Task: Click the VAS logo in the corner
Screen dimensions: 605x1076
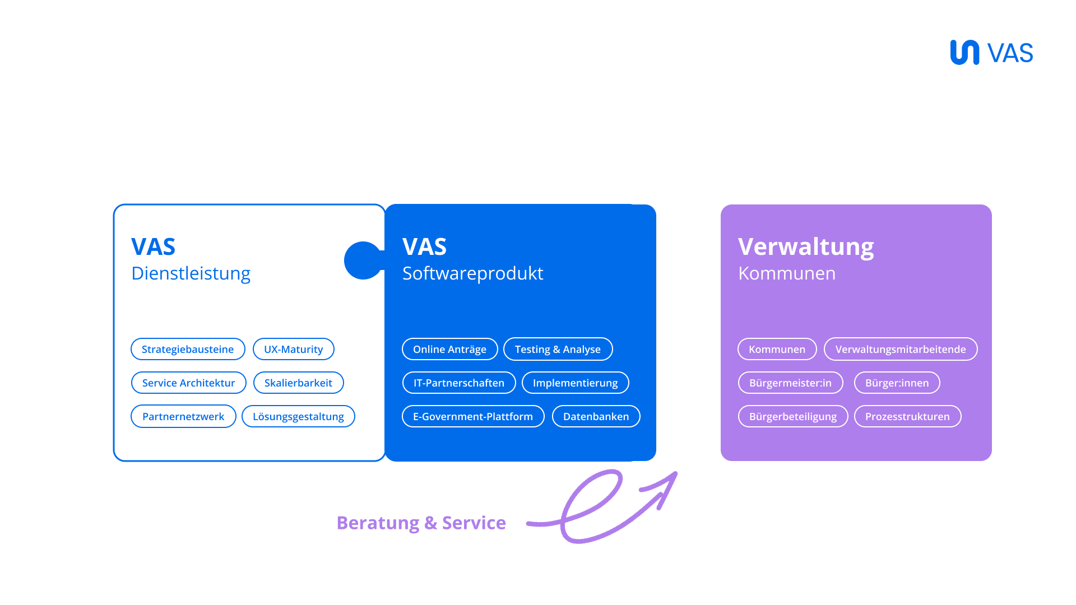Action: coord(991,53)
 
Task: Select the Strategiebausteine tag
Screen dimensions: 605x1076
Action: coord(188,349)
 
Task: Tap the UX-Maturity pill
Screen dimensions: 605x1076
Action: coord(294,349)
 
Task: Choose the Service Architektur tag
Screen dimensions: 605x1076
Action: coord(189,383)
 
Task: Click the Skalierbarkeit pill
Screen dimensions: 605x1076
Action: coord(298,383)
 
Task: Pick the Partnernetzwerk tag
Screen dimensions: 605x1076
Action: coord(183,416)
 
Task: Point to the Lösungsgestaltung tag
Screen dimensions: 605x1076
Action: coord(298,416)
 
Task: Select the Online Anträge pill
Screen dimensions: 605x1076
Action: coord(449,349)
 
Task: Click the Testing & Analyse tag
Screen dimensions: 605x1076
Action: coord(558,349)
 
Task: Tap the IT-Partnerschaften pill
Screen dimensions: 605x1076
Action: coord(459,383)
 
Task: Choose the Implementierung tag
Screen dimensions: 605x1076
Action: coord(575,383)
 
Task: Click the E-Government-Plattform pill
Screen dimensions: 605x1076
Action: coord(473,416)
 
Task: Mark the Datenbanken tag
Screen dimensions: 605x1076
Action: coord(596,416)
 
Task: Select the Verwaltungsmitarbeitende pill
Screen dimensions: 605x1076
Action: coord(901,349)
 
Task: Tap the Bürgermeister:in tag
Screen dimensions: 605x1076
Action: coord(790,383)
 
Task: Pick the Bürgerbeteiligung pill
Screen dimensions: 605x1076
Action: coord(793,416)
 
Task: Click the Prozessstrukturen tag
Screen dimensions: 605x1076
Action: coord(907,416)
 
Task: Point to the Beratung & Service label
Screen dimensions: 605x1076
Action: coord(421,523)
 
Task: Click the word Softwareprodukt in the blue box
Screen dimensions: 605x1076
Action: coord(472,273)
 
